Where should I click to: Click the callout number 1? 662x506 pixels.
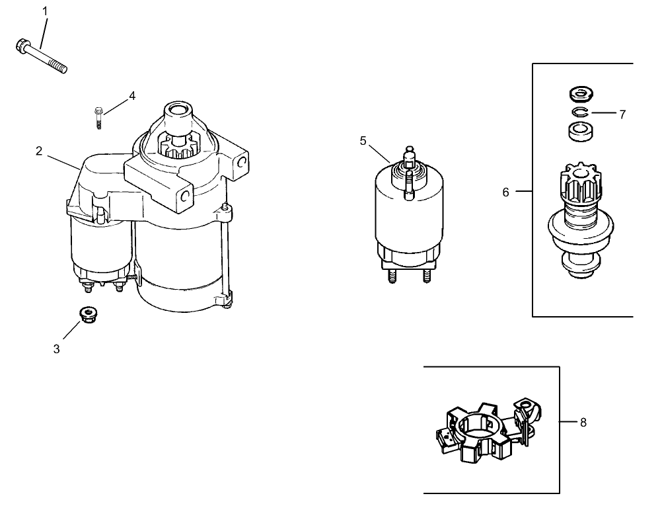pyautogui.click(x=45, y=11)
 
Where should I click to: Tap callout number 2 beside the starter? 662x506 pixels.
pyautogui.click(x=40, y=151)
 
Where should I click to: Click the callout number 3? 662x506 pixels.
pyautogui.click(x=57, y=349)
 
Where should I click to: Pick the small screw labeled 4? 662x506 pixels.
pyautogui.click(x=98, y=118)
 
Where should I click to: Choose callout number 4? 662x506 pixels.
pyautogui.click(x=132, y=96)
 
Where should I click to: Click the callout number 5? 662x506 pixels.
pyautogui.click(x=363, y=140)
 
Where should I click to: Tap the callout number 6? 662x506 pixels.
pyautogui.click(x=506, y=192)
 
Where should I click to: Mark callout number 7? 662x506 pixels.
pyautogui.click(x=622, y=114)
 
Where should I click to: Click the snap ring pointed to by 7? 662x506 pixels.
pyautogui.click(x=579, y=112)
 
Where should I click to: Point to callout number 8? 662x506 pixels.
pyautogui.click(x=583, y=421)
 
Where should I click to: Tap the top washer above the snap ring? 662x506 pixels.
pyautogui.click(x=579, y=92)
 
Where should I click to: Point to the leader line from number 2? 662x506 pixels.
pyautogui.click(x=63, y=162)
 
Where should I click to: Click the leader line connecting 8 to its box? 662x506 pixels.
pyautogui.click(x=568, y=421)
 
